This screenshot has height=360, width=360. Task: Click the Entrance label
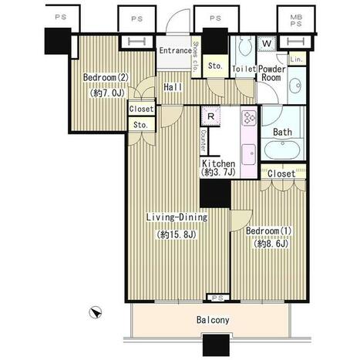pyautogui.click(x=175, y=51)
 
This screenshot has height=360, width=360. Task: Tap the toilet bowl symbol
pyautogui.click(x=244, y=45)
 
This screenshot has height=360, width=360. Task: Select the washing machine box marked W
pyautogui.click(x=267, y=43)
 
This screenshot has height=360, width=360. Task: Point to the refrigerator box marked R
pyautogui.click(x=210, y=116)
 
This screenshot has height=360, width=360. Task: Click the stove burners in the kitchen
pyautogui.click(x=249, y=118)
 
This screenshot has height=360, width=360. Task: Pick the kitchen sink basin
pyautogui.click(x=249, y=154)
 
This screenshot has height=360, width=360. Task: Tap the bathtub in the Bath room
pyautogui.click(x=282, y=150)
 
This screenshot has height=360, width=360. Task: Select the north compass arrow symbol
pyautogui.click(x=96, y=313)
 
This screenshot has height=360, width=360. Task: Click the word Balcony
pyautogui.click(x=213, y=320)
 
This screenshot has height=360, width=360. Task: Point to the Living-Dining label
pyautogui.click(x=177, y=217)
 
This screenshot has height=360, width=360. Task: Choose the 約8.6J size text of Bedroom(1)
pyautogui.click(x=271, y=244)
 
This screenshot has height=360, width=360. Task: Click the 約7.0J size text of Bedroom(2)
pyautogui.click(x=107, y=93)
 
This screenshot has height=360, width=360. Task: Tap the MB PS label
pyautogui.click(x=296, y=21)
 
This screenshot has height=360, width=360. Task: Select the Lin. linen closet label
pyautogui.click(x=296, y=59)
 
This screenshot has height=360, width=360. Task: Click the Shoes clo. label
pyautogui.click(x=197, y=56)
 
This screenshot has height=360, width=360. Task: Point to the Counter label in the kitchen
pyautogui.click(x=204, y=140)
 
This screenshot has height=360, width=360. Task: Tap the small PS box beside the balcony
pyautogui.click(x=217, y=298)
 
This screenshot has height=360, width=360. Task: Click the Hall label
pyautogui.click(x=173, y=87)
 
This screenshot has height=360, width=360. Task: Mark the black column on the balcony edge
pyautogui.click(x=216, y=345)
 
